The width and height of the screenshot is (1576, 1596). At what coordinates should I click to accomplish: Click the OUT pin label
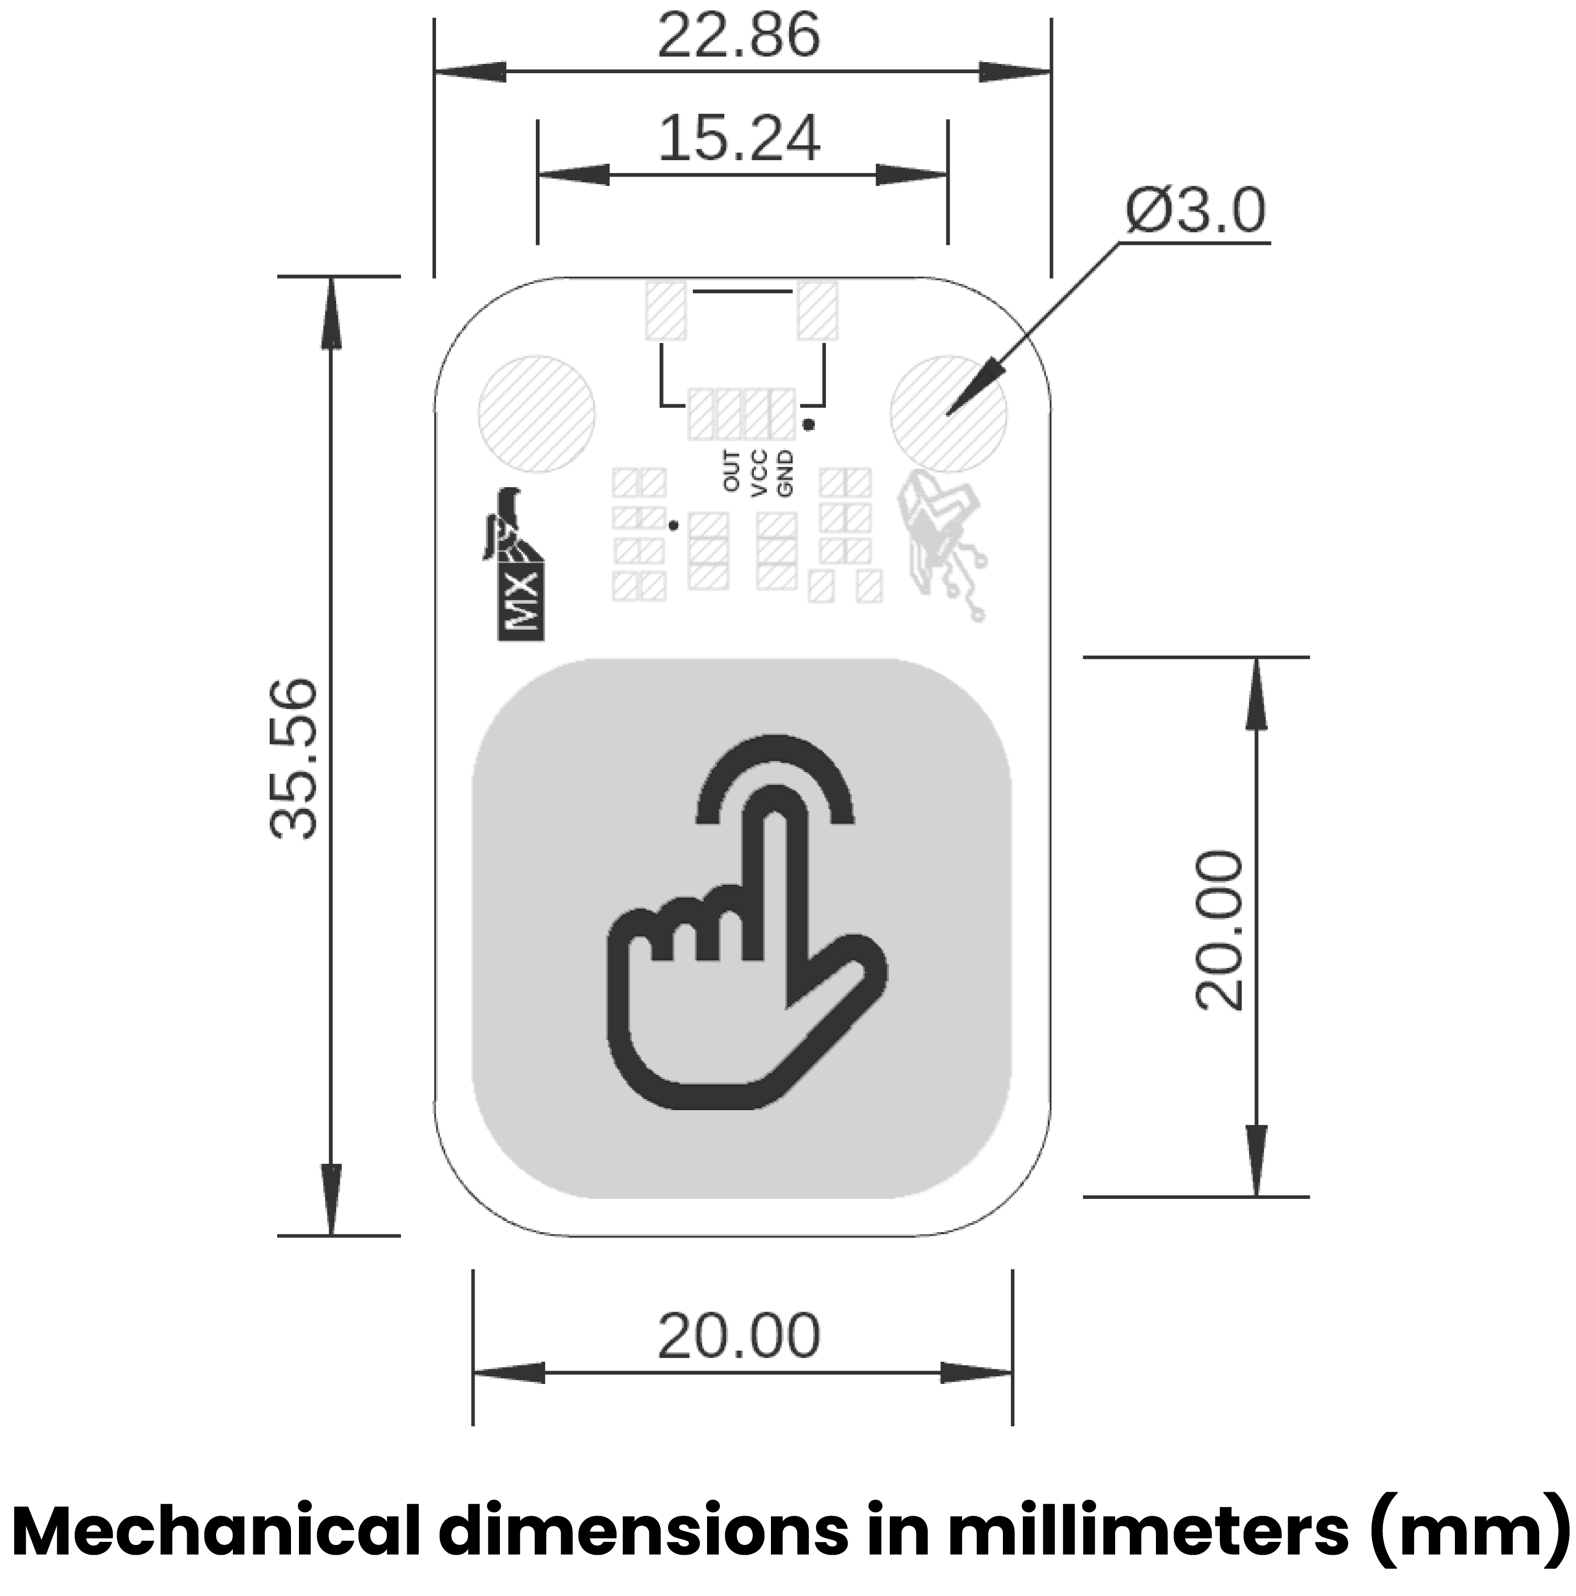pos(732,472)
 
